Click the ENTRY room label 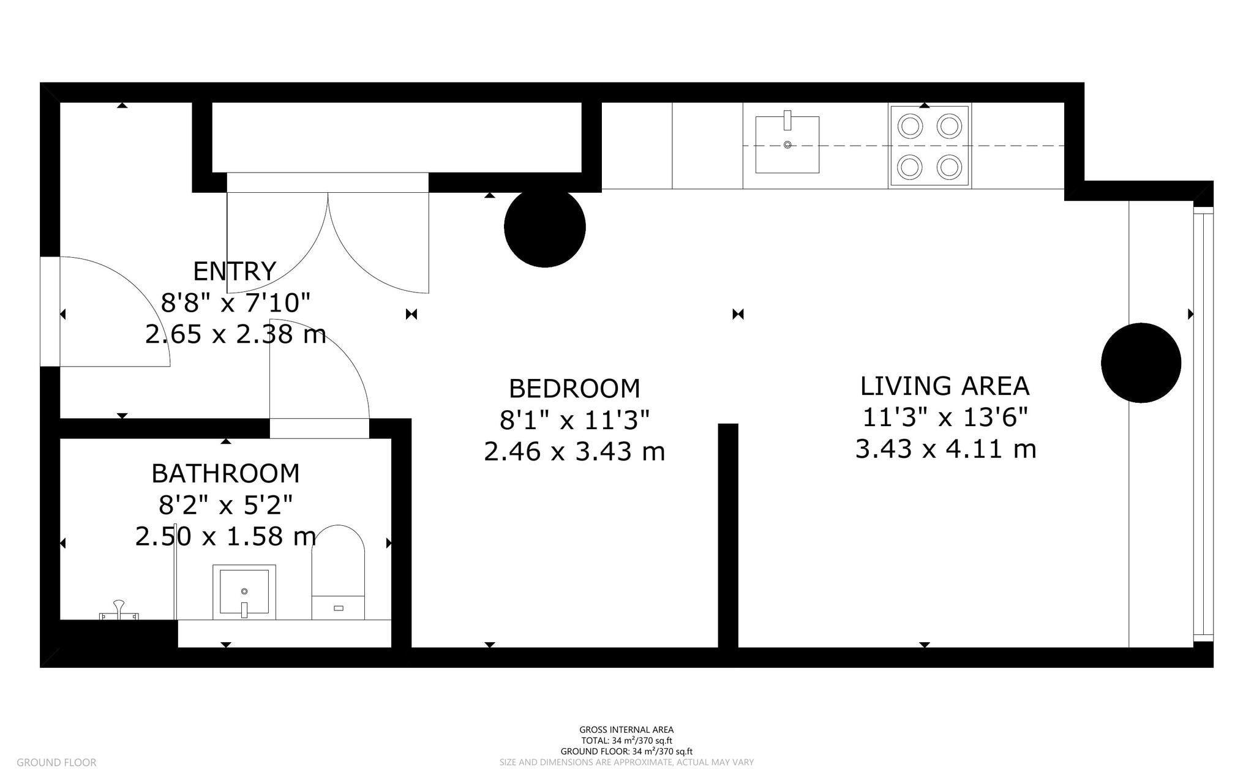235,271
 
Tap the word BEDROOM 574,389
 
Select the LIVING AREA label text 945,386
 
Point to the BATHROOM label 225,473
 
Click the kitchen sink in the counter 787,144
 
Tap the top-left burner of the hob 910,126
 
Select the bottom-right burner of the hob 950,166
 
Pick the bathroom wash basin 244,591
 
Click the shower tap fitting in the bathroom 119,611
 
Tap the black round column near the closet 544,227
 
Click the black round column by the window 1141,362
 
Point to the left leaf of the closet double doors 276,245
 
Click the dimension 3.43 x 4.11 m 945,449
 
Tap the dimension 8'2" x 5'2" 225,505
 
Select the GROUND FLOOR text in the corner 56,762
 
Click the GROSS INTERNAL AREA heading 626,729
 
